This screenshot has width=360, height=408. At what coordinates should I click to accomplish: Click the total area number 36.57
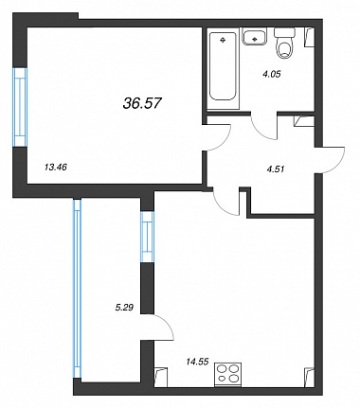(x=142, y=103)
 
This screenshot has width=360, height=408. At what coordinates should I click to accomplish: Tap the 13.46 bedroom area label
(x=56, y=168)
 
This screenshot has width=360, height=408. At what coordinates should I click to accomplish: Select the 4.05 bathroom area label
(x=272, y=74)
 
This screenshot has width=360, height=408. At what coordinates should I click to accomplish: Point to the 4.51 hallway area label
(x=276, y=169)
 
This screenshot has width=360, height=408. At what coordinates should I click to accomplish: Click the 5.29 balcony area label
(x=123, y=307)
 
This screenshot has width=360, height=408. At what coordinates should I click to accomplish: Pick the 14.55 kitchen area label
(x=197, y=362)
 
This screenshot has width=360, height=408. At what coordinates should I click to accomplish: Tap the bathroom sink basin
(x=255, y=37)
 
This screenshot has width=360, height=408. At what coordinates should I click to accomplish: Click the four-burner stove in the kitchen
(x=228, y=375)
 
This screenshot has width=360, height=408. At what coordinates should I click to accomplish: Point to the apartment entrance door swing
(x=332, y=160)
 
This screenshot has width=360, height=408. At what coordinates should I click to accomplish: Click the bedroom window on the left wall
(x=20, y=107)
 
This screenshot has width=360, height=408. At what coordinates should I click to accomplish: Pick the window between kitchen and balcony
(x=147, y=237)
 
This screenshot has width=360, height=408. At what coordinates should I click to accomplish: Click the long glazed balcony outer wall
(x=77, y=288)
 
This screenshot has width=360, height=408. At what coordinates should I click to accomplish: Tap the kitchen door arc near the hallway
(x=225, y=204)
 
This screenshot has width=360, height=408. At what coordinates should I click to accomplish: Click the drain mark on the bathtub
(x=223, y=40)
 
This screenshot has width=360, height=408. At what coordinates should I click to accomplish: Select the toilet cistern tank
(x=284, y=31)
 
